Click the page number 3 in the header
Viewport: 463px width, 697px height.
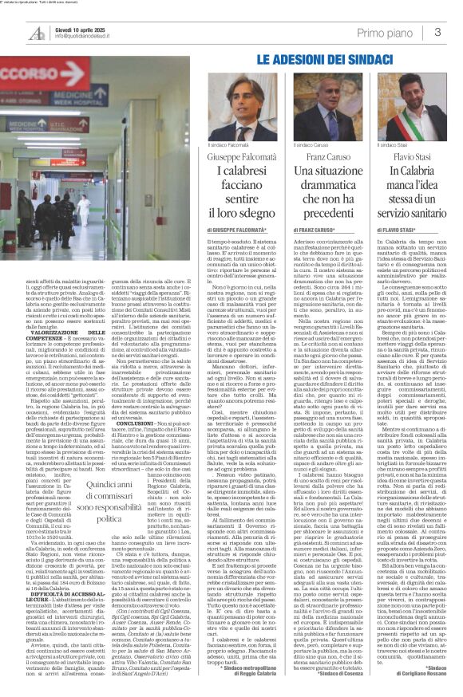(437, 32)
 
